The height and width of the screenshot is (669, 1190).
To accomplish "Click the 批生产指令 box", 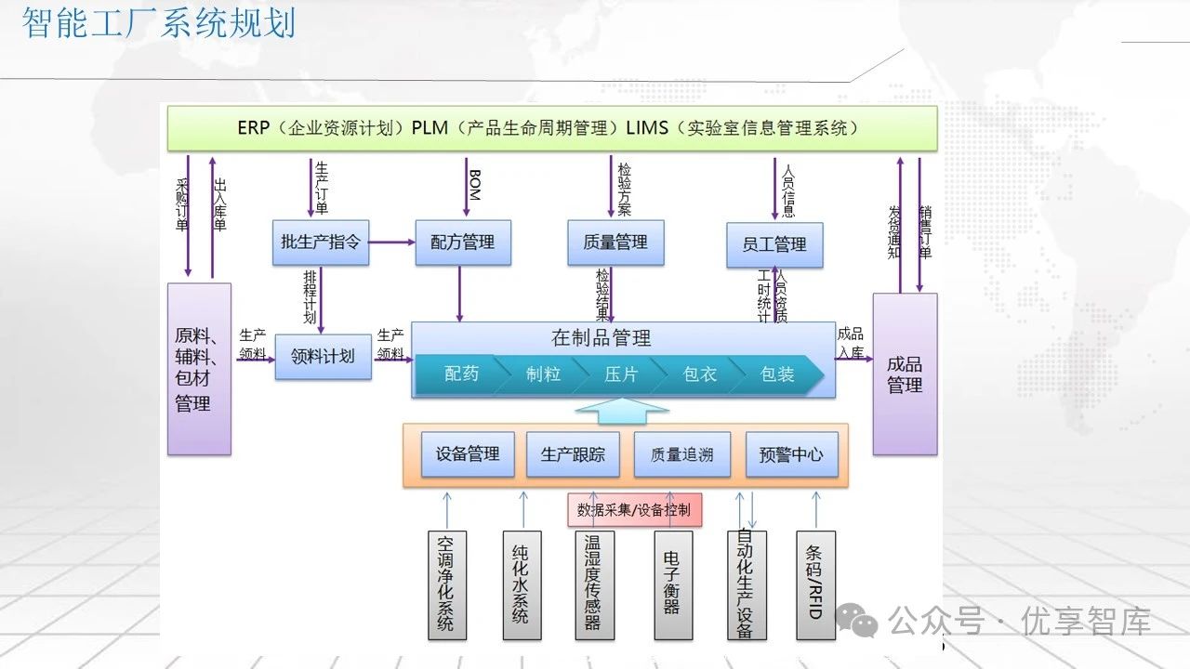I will [x=321, y=243].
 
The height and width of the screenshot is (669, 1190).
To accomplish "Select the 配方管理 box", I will [x=462, y=243].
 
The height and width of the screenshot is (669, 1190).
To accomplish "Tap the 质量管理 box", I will [x=615, y=243].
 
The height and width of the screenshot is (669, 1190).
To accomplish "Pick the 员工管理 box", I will [x=774, y=244].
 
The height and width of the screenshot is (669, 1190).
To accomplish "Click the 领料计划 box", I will [x=323, y=356].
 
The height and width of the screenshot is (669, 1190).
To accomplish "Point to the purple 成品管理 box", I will [x=905, y=374].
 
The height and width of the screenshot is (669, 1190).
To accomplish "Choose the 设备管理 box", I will [x=468, y=454].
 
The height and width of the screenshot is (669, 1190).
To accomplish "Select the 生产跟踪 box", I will [x=573, y=454].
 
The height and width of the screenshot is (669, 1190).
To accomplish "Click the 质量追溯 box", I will [x=681, y=454].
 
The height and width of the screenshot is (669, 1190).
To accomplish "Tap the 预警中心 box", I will [x=791, y=454].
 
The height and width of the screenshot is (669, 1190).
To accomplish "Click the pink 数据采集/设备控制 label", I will [x=634, y=509].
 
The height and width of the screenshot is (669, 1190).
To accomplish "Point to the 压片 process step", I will [x=621, y=374].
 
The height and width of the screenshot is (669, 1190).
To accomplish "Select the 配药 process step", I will [x=461, y=374].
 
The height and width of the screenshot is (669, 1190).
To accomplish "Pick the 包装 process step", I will [x=777, y=374].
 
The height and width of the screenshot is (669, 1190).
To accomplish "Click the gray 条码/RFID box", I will [x=815, y=585].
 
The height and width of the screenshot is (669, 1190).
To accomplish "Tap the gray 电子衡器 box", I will [x=673, y=585].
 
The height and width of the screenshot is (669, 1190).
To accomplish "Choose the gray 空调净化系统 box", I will [x=447, y=585].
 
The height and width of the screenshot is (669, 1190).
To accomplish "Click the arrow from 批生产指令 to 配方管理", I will [x=391, y=243].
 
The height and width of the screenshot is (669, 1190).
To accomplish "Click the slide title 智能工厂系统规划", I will [x=158, y=22].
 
